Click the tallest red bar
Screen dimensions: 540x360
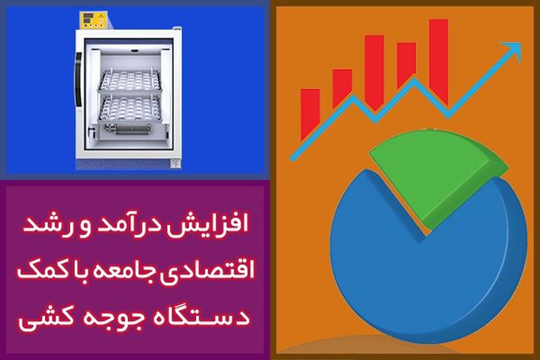point(438,62)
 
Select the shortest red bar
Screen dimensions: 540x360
point(310,113)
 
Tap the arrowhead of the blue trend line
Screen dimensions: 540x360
point(513,51)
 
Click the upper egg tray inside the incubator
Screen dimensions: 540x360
point(130,81)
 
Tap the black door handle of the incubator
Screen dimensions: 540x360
point(78,80)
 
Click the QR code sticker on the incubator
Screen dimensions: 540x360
point(175,164)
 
